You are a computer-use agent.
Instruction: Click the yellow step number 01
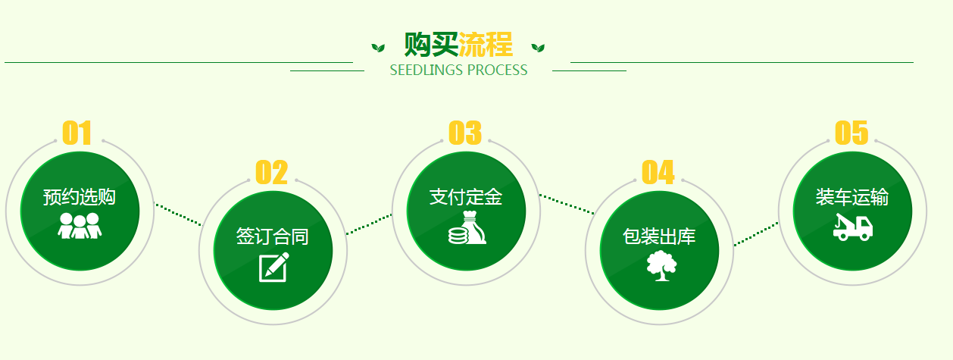(77, 133)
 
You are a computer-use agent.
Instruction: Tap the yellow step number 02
(271, 172)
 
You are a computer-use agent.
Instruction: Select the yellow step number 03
(465, 133)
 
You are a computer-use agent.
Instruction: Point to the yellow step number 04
(658, 172)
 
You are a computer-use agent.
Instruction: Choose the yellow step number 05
(851, 133)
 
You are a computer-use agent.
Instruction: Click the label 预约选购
(80, 197)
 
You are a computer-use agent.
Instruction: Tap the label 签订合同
(273, 236)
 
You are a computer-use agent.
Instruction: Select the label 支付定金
(466, 197)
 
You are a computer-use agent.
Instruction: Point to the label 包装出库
(659, 236)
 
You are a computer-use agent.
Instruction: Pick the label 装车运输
(852, 197)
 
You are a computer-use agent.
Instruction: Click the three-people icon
(80, 226)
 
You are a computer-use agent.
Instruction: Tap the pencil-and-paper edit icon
(274, 268)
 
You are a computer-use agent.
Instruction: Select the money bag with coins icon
(467, 227)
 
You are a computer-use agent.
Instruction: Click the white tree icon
(661, 266)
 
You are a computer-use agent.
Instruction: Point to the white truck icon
(853, 227)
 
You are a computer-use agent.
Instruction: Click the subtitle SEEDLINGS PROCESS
(458, 70)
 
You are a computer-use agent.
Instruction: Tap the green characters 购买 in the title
(431, 44)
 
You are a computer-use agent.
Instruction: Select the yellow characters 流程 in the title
(486, 44)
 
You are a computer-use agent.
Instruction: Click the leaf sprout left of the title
(378, 48)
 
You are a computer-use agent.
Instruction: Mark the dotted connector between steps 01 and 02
(178, 214)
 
